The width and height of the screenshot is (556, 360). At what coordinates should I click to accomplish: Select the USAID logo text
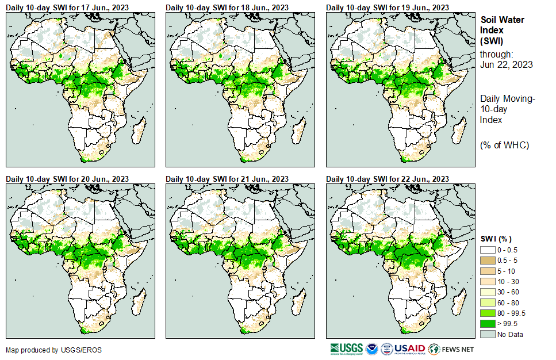[409, 348]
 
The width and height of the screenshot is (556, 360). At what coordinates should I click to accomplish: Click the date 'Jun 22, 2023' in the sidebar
[506, 64]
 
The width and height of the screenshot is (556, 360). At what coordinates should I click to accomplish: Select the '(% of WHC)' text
[504, 145]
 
